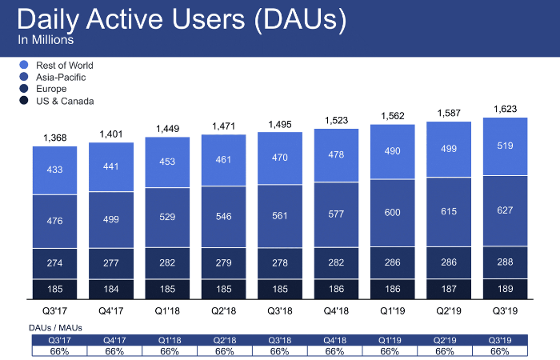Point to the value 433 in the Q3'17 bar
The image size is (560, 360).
[x=54, y=170]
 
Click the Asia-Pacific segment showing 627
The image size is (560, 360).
[x=505, y=210]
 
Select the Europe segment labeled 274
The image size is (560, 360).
[x=54, y=262]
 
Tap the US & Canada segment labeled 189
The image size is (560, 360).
[x=505, y=289]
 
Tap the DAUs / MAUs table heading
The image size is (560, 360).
[x=57, y=328]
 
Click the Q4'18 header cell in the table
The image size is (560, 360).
[x=334, y=339]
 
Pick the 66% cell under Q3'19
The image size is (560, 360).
[x=499, y=350]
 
